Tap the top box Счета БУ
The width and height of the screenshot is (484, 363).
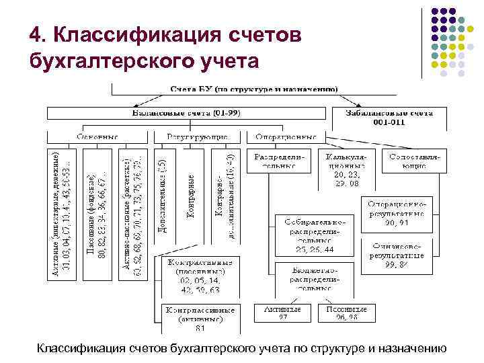253,88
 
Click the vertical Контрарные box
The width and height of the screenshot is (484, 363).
191,196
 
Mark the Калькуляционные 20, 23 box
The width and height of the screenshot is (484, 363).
344,169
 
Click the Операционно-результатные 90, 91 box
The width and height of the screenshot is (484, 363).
396,212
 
